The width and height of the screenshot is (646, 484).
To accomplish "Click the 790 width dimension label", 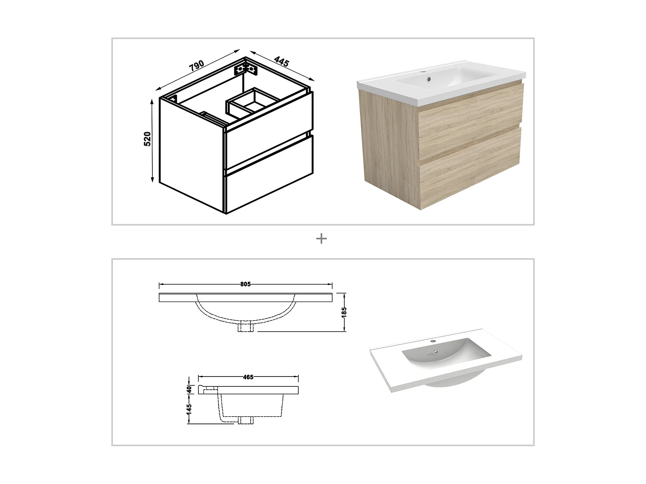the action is pos(197,66).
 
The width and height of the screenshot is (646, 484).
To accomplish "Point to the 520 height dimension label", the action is pos(148,139).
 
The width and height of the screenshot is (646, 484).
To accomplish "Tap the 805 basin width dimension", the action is pos(245,284).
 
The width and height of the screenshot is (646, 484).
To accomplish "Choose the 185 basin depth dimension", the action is pos(344,312).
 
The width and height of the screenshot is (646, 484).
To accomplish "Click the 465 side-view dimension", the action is pos(248,377).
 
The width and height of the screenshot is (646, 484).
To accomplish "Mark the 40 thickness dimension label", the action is pos(189,390).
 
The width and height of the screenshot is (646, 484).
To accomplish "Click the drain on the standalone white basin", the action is pos(436,351).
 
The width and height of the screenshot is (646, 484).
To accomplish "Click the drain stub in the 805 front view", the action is pos(245,327).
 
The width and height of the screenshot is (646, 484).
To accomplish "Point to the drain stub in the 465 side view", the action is pos(245,420).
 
